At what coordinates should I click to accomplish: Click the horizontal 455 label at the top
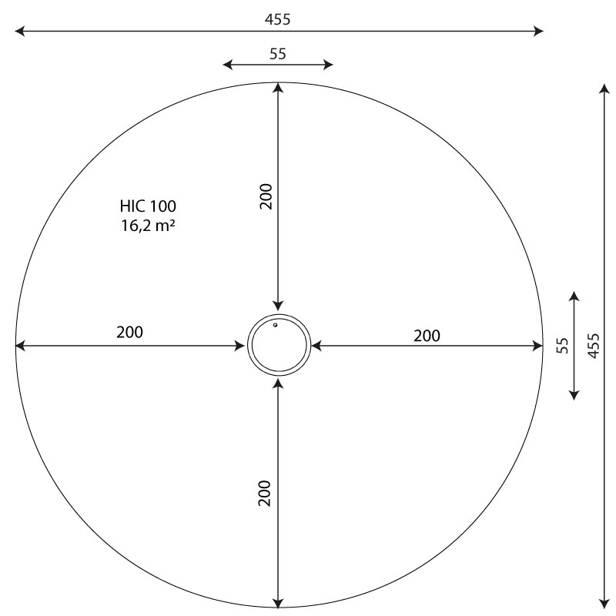click(x=277, y=19)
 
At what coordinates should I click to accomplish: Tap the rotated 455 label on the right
click(x=594, y=346)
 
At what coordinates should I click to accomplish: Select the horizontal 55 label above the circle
click(x=278, y=54)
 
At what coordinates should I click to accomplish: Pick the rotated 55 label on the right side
click(x=563, y=346)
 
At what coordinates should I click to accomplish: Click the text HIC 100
click(x=148, y=206)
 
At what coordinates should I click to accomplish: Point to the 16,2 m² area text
click(x=148, y=226)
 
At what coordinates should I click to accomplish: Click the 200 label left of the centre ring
click(x=129, y=333)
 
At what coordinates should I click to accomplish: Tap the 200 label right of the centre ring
click(x=427, y=336)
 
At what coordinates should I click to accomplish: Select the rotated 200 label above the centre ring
click(x=266, y=196)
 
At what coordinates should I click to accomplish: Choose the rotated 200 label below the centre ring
click(x=265, y=493)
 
